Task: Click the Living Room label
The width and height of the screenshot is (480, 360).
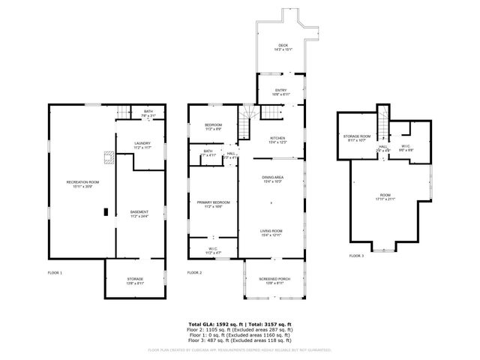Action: click(x=271, y=232)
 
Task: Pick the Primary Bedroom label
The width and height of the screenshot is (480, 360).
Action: click(x=213, y=204)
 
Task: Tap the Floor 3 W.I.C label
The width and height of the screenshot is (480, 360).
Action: click(x=405, y=148)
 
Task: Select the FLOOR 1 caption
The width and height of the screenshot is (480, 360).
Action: click(x=55, y=272)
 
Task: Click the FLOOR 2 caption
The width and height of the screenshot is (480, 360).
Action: click(x=195, y=272)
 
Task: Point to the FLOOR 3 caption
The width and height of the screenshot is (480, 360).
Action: click(x=356, y=256)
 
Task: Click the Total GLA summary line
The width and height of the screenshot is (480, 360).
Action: click(x=240, y=324)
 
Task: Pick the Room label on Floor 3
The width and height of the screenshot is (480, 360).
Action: click(x=385, y=197)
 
